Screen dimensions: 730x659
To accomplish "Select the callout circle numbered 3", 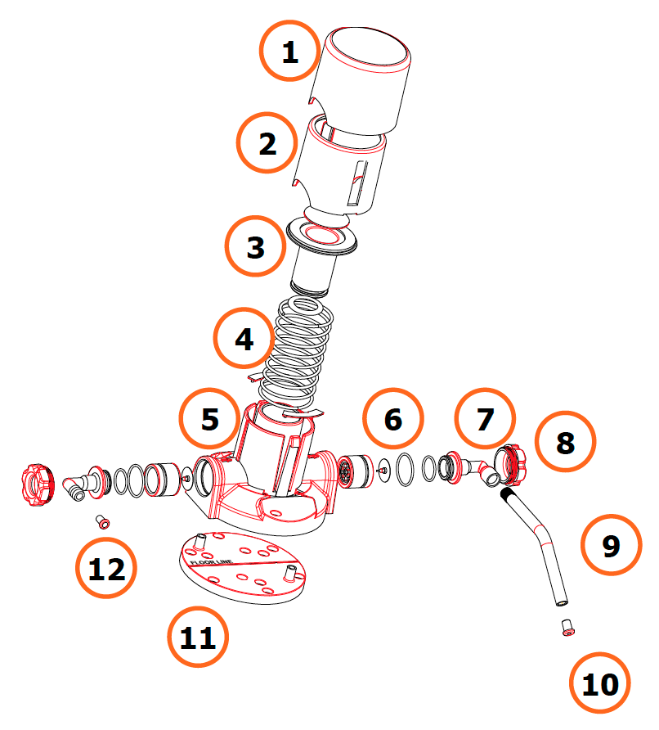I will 255,246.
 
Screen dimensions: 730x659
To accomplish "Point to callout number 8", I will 566,443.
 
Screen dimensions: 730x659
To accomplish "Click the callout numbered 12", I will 106,568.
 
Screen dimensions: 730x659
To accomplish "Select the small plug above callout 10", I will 566,629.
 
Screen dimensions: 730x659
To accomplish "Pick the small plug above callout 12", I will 103,520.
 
